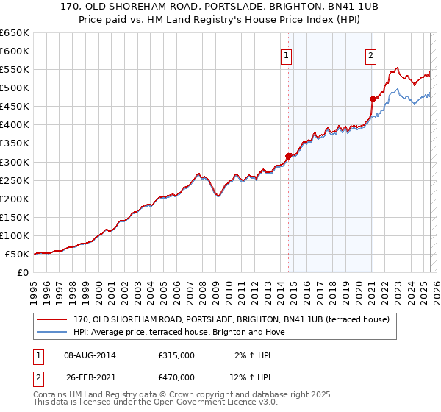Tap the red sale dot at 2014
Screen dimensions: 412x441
(x=288, y=155)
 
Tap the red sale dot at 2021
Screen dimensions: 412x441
(x=373, y=98)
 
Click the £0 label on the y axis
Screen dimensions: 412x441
(x=24, y=272)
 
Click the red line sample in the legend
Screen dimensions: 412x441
(x=51, y=319)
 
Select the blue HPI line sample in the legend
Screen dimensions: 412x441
(x=51, y=332)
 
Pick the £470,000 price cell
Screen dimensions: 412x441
(x=176, y=377)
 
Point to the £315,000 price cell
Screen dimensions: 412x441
(x=176, y=355)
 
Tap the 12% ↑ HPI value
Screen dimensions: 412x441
(x=252, y=377)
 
